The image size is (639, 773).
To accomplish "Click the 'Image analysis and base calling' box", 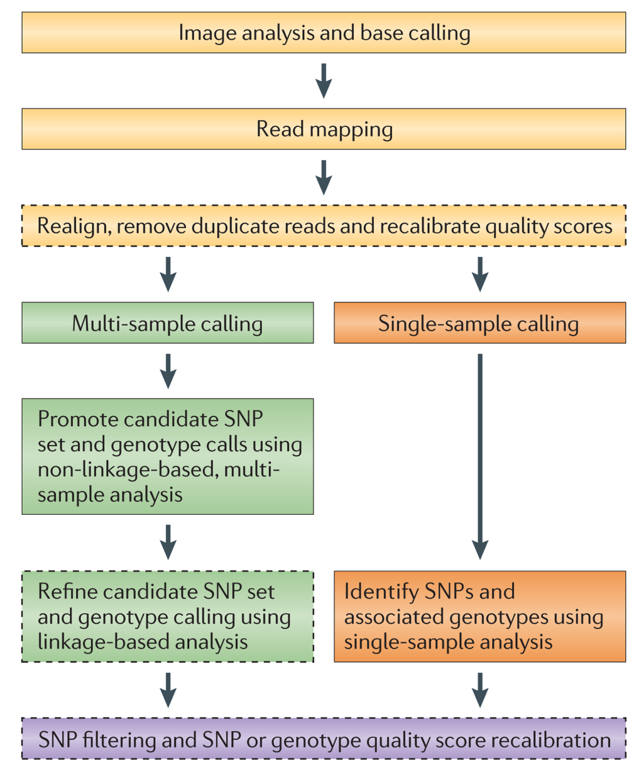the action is coord(324,33).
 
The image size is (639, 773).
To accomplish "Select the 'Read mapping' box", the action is coord(324,129).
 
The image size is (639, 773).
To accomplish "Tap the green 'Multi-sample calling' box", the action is coord(168,323).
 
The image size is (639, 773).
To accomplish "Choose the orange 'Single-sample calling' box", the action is coord(480,323).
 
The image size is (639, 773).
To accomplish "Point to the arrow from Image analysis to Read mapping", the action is coord(324,80).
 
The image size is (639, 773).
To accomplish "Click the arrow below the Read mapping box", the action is coord(324,177).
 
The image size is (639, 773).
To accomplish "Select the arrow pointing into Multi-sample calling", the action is coord(168,275).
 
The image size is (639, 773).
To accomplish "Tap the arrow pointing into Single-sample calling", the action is coord(480,275).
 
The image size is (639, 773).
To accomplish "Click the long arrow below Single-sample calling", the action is coord(480,457).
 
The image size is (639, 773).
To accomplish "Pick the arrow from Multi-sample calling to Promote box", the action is coord(168,371).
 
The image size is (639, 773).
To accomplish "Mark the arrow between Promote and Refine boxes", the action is coord(168,542).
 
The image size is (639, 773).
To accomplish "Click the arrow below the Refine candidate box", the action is coord(168,690).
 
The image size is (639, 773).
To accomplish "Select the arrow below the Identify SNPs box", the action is coord(480,690).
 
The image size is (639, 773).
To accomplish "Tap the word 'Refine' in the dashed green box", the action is coord(67,591).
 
